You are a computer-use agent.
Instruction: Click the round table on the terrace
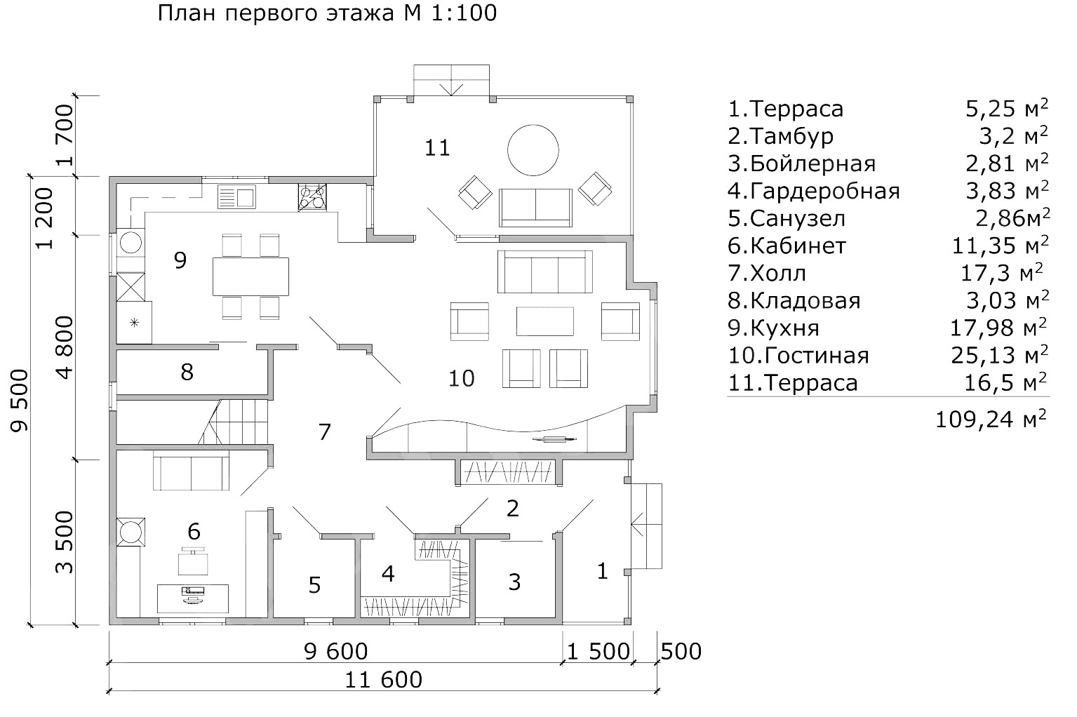coord(533,149)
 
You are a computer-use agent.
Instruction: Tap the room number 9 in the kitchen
coord(180,260)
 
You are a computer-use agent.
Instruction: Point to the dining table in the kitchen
coord(250,276)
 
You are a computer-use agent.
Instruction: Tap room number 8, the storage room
coord(187,372)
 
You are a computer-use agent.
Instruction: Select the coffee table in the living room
coord(545,321)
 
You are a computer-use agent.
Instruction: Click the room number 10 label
coord(461,379)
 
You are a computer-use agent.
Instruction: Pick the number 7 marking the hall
coord(324,431)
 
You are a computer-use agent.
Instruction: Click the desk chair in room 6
coord(193,561)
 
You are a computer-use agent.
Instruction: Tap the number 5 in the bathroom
coord(314,584)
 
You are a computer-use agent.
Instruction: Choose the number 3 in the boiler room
coord(514,582)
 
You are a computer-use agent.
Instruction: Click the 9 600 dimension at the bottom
coord(336,652)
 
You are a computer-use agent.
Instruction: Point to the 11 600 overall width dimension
coord(384,680)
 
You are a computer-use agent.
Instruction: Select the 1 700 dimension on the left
coord(65,135)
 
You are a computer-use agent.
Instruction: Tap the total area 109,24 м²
coord(991,420)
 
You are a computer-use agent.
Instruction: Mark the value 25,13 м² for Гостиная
coord(999,355)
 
